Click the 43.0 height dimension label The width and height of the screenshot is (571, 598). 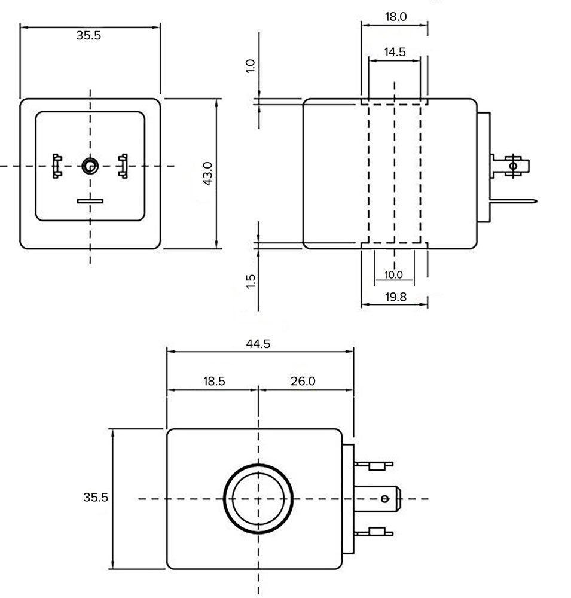[x=207, y=173]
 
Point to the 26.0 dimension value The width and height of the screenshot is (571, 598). [x=303, y=381]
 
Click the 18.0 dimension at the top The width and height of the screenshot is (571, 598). [x=395, y=17]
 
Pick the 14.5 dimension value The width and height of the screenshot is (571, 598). [x=395, y=52]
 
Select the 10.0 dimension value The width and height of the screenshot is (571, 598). [x=393, y=275]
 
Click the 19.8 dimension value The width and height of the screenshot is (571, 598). [x=395, y=297]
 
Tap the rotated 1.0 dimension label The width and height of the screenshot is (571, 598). [x=251, y=66]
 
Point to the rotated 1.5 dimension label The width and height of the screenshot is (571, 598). [x=251, y=281]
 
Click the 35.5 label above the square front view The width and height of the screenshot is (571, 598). [x=88, y=35]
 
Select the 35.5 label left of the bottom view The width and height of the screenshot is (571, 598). [x=96, y=497]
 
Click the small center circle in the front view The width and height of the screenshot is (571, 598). [x=90, y=166]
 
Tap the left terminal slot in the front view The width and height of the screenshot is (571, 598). [x=57, y=166]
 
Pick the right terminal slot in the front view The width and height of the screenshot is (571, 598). [x=124, y=166]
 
